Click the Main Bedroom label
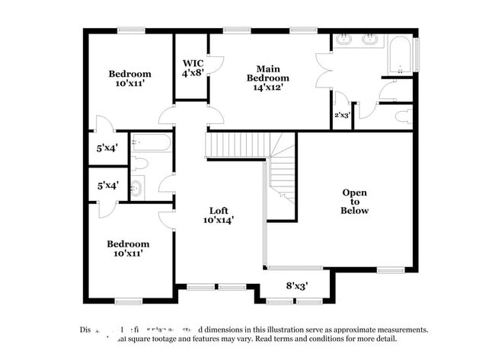tap(267, 72)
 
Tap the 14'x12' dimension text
tap(267, 88)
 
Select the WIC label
tap(192, 63)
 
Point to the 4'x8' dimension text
tap(192, 74)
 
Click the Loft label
tap(219, 210)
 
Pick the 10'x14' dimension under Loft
tap(219, 220)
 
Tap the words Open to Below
tap(355, 202)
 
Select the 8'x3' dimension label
tap(297, 287)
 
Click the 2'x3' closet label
tap(342, 116)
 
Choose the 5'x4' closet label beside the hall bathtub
tap(107, 148)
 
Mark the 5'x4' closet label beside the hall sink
tap(107, 185)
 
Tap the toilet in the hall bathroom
tap(140, 163)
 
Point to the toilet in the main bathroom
tap(404, 117)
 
